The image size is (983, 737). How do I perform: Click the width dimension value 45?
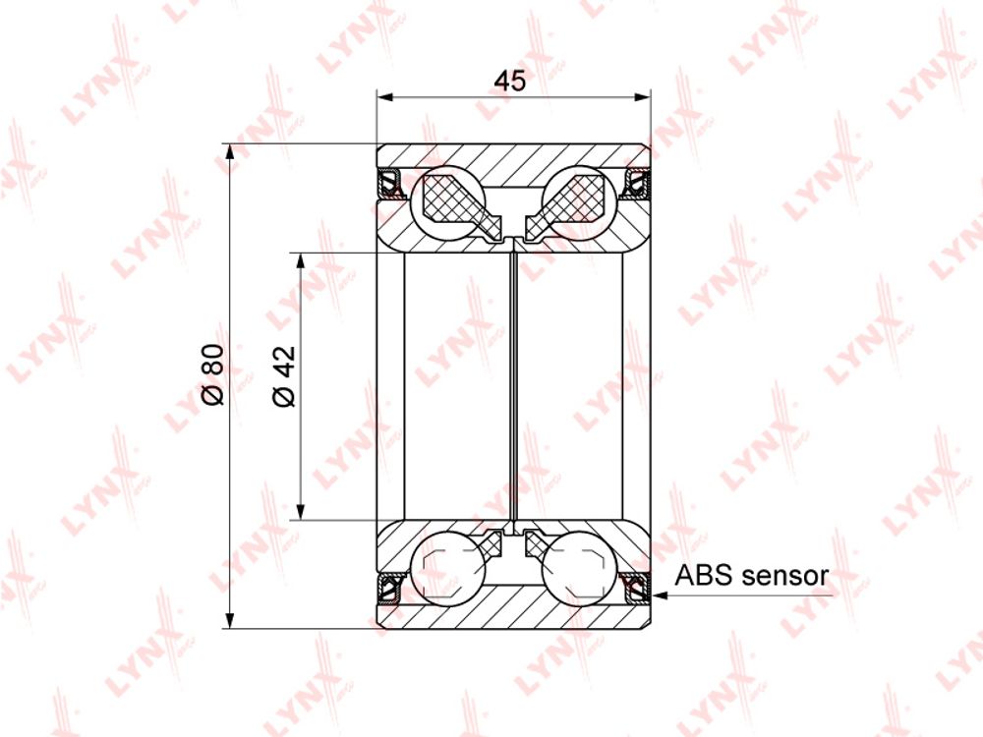tap(509, 81)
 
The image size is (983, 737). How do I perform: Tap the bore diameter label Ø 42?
tap(284, 376)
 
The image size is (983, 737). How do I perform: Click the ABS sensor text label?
tap(752, 575)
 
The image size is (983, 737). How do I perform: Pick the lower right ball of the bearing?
tap(578, 568)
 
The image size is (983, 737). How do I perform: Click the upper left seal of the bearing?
tap(391, 185)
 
